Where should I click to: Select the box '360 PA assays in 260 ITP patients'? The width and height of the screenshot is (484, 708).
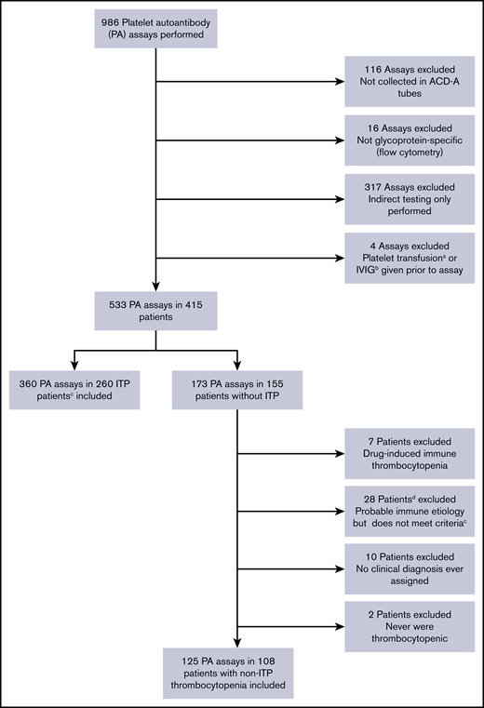tap(71, 390)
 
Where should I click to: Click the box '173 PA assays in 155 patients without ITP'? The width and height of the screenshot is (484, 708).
tap(238, 390)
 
